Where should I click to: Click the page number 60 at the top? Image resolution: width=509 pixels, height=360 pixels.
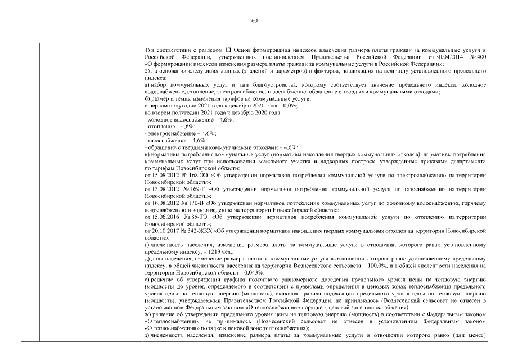[x=254, y=21]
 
